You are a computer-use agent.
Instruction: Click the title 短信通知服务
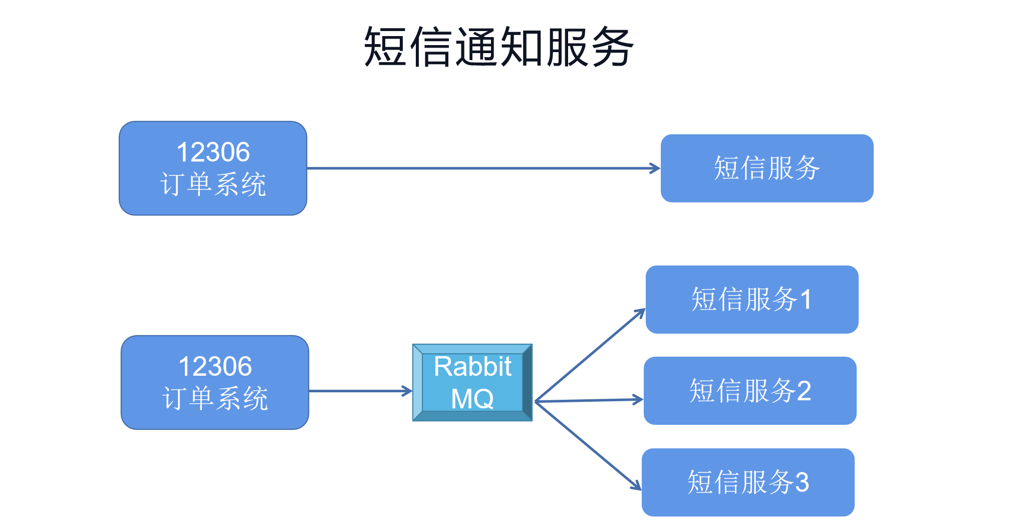[x=499, y=47]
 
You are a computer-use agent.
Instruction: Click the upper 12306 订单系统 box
[x=213, y=168]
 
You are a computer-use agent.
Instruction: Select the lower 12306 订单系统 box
[x=215, y=382]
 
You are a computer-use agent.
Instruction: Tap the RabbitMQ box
[x=472, y=382]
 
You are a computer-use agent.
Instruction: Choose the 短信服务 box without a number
[x=766, y=168]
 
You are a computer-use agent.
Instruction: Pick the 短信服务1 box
[x=751, y=300]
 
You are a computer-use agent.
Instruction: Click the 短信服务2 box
[x=750, y=391]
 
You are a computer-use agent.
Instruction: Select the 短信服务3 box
[x=748, y=482]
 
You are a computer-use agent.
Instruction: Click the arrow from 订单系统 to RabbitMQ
[x=360, y=391]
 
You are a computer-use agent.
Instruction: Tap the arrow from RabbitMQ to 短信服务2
[x=589, y=400]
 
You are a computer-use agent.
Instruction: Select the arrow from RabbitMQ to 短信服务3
[x=588, y=445]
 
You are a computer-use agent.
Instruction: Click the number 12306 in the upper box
[x=213, y=152]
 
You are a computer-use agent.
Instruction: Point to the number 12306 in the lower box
[x=215, y=366]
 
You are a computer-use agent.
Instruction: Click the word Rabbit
[x=472, y=366]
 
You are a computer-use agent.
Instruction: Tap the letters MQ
[x=472, y=399]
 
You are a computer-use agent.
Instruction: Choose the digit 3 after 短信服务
[x=802, y=482]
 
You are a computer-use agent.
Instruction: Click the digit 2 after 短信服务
[x=804, y=391]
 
